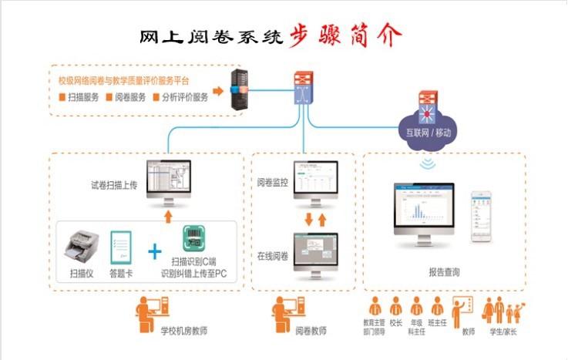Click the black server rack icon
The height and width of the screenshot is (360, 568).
[x=239, y=91]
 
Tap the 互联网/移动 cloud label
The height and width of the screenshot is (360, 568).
[x=429, y=133]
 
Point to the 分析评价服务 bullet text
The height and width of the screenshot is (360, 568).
[x=184, y=97]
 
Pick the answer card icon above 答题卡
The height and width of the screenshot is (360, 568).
[x=121, y=246]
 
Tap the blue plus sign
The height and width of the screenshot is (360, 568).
[x=155, y=251]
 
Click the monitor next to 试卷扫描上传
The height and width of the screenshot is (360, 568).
[x=170, y=183]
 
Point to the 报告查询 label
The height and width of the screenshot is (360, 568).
[x=444, y=272]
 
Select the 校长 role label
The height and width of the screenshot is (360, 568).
[x=396, y=323]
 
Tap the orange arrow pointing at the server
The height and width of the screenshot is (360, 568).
[x=218, y=91]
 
